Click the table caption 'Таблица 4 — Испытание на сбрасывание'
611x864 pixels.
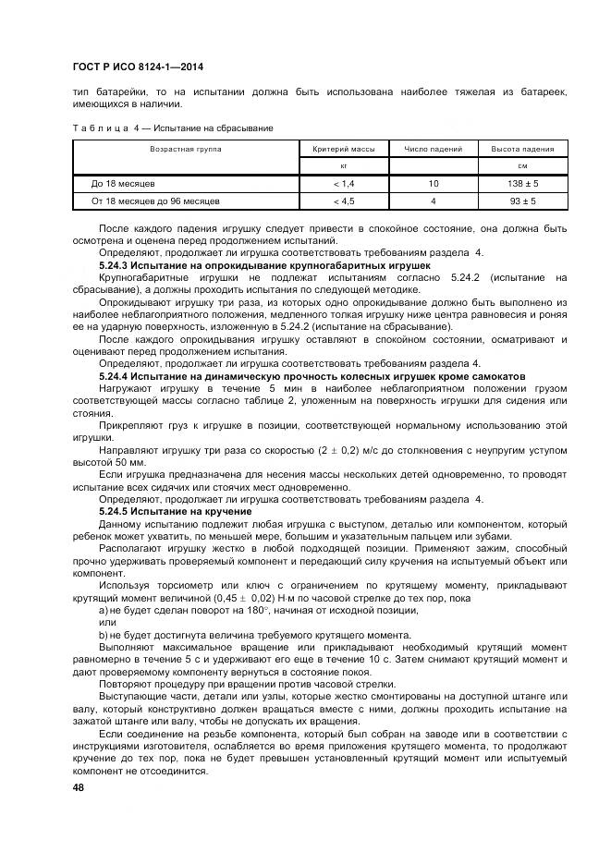coord(172,128)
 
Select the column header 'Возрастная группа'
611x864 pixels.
coord(186,148)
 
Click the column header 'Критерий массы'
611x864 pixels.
coord(343,148)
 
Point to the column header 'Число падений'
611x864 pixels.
coord(433,148)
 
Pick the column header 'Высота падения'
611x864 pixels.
coord(522,148)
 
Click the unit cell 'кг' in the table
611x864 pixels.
coord(343,165)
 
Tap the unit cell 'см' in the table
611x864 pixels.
coord(522,165)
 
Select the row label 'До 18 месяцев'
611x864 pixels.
coord(116,184)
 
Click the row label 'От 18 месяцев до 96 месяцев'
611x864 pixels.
coord(154,200)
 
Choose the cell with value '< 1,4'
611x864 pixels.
coord(343,184)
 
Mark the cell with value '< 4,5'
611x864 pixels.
coord(343,200)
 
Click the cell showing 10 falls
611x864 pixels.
coord(433,184)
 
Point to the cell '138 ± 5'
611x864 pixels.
coord(522,184)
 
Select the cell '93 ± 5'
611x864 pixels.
coord(522,200)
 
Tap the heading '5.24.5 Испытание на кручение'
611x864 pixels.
coord(176,511)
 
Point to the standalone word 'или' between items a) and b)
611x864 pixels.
coord(107,622)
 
